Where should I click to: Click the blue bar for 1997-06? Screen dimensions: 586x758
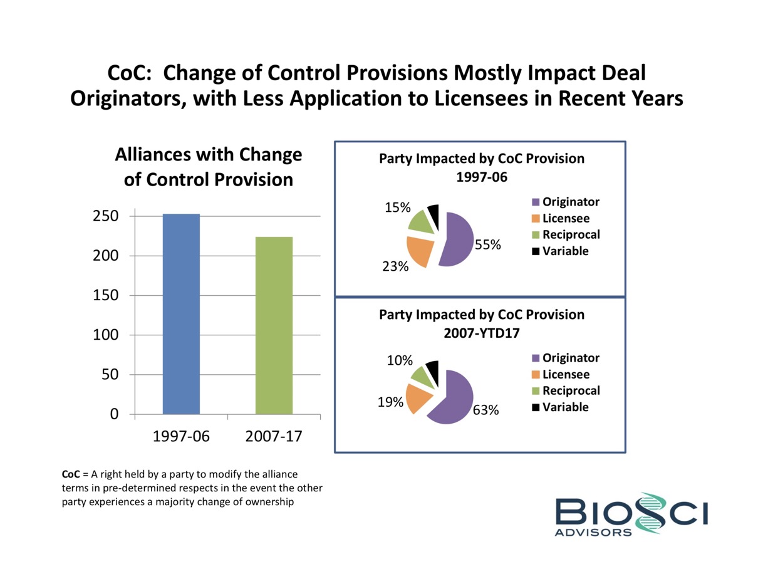pyautogui.click(x=181, y=313)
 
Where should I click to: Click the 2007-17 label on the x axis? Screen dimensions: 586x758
pyautogui.click(x=274, y=436)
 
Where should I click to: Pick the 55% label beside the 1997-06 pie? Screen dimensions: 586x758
pyautogui.click(x=487, y=245)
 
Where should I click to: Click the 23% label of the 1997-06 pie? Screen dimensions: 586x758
pyautogui.click(x=395, y=266)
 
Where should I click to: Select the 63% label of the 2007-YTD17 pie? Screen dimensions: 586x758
pyautogui.click(x=485, y=411)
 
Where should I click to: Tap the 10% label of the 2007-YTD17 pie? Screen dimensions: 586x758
pyautogui.click(x=400, y=360)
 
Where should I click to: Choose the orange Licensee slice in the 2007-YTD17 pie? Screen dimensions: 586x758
pyautogui.click(x=418, y=398)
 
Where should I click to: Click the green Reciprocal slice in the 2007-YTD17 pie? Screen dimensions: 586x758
pyautogui.click(x=420, y=375)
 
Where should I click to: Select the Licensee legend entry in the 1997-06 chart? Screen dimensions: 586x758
pyautogui.click(x=566, y=219)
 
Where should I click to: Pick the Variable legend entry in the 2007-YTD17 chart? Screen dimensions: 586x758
pyautogui.click(x=566, y=407)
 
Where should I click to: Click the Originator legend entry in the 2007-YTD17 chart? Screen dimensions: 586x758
pyautogui.click(x=571, y=358)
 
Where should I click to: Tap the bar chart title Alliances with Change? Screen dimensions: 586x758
pyautogui.click(x=208, y=155)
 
